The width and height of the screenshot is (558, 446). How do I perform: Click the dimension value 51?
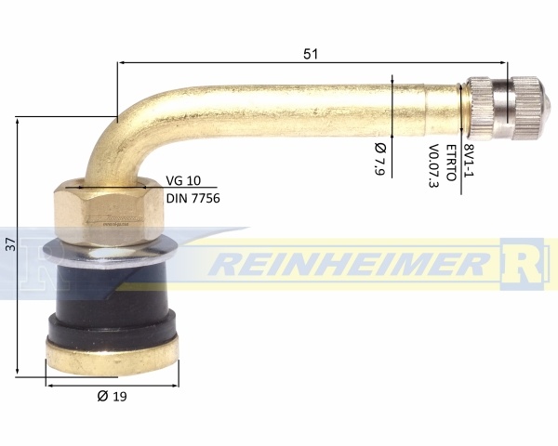click(311, 54)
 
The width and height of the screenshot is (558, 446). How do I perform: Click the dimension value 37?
click(12, 244)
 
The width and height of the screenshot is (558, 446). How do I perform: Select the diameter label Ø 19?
click(113, 396)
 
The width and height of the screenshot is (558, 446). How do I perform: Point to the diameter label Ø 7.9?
click(380, 158)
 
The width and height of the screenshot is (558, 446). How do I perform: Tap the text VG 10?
click(183, 180)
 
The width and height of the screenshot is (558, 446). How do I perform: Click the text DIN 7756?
click(193, 198)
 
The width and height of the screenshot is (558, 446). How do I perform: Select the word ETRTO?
click(451, 163)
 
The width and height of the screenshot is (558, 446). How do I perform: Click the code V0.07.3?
click(433, 165)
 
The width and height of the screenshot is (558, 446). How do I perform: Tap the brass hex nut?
click(109, 213)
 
